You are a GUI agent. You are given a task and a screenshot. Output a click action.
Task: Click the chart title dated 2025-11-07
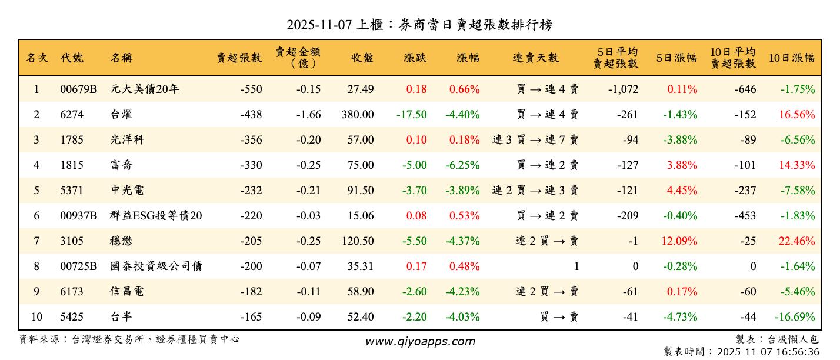pyautogui.click(x=419, y=25)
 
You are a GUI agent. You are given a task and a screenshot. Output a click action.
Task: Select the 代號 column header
pyautogui.click(x=72, y=58)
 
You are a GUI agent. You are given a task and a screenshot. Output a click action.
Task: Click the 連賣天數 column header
pyautogui.click(x=535, y=58)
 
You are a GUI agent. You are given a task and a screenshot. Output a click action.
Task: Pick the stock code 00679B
pyautogui.click(x=78, y=89)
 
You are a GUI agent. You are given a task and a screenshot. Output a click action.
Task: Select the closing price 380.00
pyautogui.click(x=358, y=115)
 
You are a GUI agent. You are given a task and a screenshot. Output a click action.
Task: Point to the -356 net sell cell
pyautogui.click(x=251, y=140)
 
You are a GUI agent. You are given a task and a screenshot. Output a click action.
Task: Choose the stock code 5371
pyautogui.click(x=72, y=191)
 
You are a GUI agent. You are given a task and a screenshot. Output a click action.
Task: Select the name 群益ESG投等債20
pyautogui.click(x=156, y=216)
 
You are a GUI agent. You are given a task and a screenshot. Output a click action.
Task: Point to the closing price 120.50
pyautogui.click(x=358, y=241)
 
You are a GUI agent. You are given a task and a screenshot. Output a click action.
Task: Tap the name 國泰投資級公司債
pyautogui.click(x=156, y=266)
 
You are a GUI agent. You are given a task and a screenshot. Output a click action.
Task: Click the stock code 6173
pyautogui.click(x=72, y=292)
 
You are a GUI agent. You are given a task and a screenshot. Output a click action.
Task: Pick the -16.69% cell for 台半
pyautogui.click(x=795, y=317)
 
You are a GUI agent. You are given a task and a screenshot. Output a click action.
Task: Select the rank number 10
pyautogui.click(x=36, y=317)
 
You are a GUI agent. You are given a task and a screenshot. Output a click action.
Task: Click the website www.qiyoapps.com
pyautogui.click(x=420, y=342)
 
